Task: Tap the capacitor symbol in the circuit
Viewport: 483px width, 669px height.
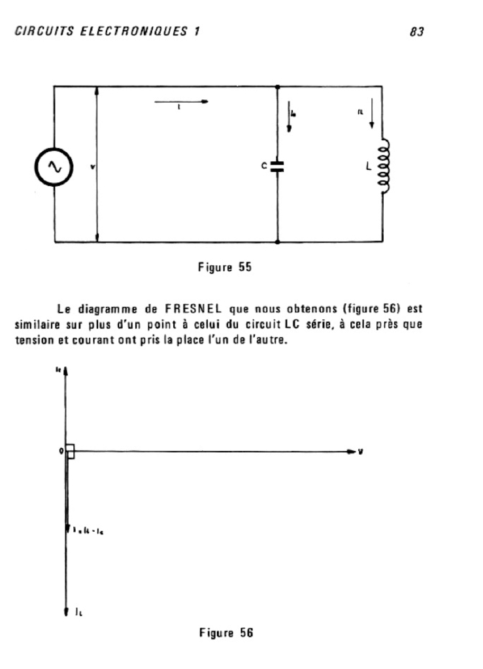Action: click(x=278, y=166)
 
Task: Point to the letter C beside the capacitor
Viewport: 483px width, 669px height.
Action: click(x=265, y=167)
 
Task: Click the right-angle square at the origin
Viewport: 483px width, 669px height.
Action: click(x=71, y=451)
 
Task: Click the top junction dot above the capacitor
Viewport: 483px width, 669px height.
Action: click(x=278, y=86)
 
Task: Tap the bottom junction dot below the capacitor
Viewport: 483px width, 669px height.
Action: click(x=278, y=242)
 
